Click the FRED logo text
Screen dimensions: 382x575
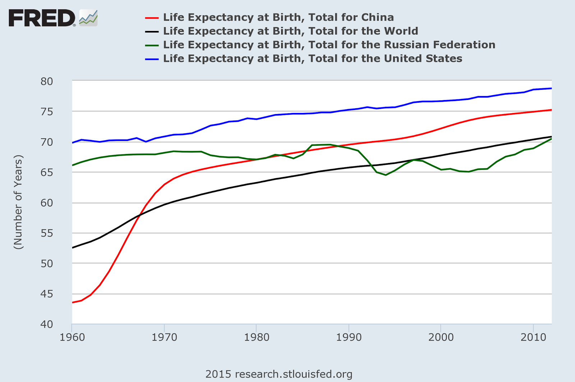pos(42,18)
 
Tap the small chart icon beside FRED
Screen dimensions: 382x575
pos(88,18)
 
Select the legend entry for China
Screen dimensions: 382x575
pos(278,17)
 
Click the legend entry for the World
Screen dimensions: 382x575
pos(290,31)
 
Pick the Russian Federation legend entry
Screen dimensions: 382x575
pos(329,45)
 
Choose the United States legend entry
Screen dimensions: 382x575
pos(312,58)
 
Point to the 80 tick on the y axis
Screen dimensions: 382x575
pos(47,82)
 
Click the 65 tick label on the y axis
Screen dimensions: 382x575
pos(47,172)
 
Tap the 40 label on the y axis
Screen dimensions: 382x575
pos(47,324)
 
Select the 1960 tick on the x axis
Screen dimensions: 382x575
pos(73,337)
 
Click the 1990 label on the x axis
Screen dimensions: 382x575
pos(349,337)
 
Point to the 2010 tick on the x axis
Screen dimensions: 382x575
pos(533,337)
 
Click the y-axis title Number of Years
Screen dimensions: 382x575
pos(18,202)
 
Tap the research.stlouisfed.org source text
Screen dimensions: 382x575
pos(279,374)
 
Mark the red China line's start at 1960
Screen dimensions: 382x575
pos(73,303)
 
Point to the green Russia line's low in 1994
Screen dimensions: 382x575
pos(386,175)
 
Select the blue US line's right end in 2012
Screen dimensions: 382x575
pos(551,88)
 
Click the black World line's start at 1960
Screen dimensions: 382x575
pos(73,247)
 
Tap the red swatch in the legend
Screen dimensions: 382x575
pos(152,18)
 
